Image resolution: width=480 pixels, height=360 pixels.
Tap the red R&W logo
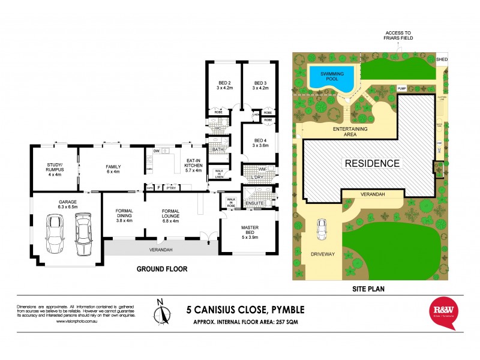444,313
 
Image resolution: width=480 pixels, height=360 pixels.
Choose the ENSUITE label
255,203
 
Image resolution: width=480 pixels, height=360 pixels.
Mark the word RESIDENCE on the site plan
371,163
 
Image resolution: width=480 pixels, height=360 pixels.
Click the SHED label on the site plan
442,59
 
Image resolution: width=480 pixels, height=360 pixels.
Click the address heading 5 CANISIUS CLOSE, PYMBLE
245,310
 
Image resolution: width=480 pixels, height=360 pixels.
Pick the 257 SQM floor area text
285,323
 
